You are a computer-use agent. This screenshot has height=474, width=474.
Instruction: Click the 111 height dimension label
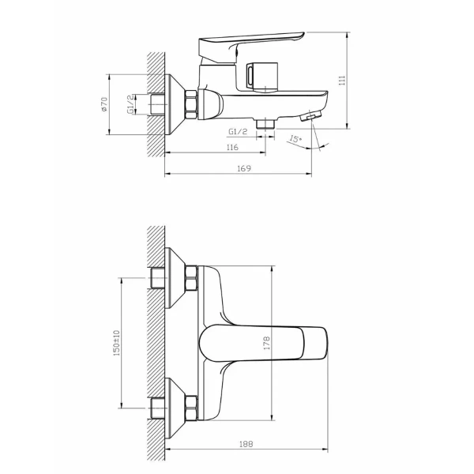342,81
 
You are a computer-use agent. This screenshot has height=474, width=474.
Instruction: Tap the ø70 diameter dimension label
104,104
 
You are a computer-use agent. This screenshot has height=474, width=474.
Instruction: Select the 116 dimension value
232,147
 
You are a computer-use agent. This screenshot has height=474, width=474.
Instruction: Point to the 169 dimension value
244,168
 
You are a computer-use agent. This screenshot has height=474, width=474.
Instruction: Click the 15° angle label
295,139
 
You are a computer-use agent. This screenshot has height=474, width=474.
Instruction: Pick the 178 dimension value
267,343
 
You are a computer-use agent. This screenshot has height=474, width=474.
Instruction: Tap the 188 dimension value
246,444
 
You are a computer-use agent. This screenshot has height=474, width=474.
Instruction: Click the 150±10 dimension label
117,343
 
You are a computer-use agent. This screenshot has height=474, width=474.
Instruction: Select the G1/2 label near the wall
130,104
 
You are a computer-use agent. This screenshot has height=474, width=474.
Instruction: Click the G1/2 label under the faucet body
238,131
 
